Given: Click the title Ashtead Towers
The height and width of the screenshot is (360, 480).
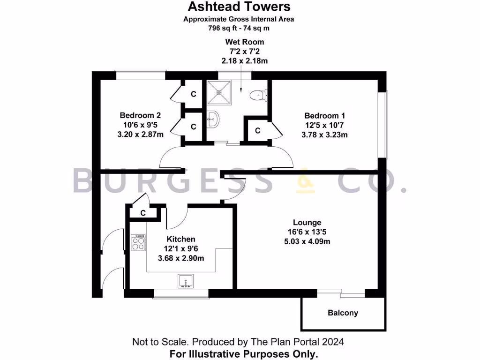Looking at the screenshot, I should click(239, 7).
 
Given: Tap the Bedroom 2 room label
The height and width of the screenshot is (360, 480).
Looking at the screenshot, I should click(141, 115).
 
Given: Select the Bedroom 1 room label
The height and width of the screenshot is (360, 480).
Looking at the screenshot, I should click(325, 116).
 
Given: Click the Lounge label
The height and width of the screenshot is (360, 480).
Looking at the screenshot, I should click(307, 223).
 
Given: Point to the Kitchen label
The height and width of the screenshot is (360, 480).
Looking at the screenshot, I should click(181, 239).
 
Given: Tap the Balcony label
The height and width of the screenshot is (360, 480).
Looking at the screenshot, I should click(343, 313).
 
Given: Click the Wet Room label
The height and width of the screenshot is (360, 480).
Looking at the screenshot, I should click(245, 42).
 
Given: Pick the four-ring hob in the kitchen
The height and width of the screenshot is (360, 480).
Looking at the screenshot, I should click(138, 243).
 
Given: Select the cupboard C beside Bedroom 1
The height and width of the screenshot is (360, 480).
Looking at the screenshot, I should click(257, 131).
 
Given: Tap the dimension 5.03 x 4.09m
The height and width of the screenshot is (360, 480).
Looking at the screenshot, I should click(307, 242).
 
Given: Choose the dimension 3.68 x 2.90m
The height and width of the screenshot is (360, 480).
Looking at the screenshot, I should click(181, 258).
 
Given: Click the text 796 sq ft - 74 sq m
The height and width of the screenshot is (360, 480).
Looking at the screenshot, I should click(239, 28).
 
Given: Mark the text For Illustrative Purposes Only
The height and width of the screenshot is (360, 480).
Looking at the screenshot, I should click(239, 353).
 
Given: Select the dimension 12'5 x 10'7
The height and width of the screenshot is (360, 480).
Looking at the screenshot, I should click(325, 125).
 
